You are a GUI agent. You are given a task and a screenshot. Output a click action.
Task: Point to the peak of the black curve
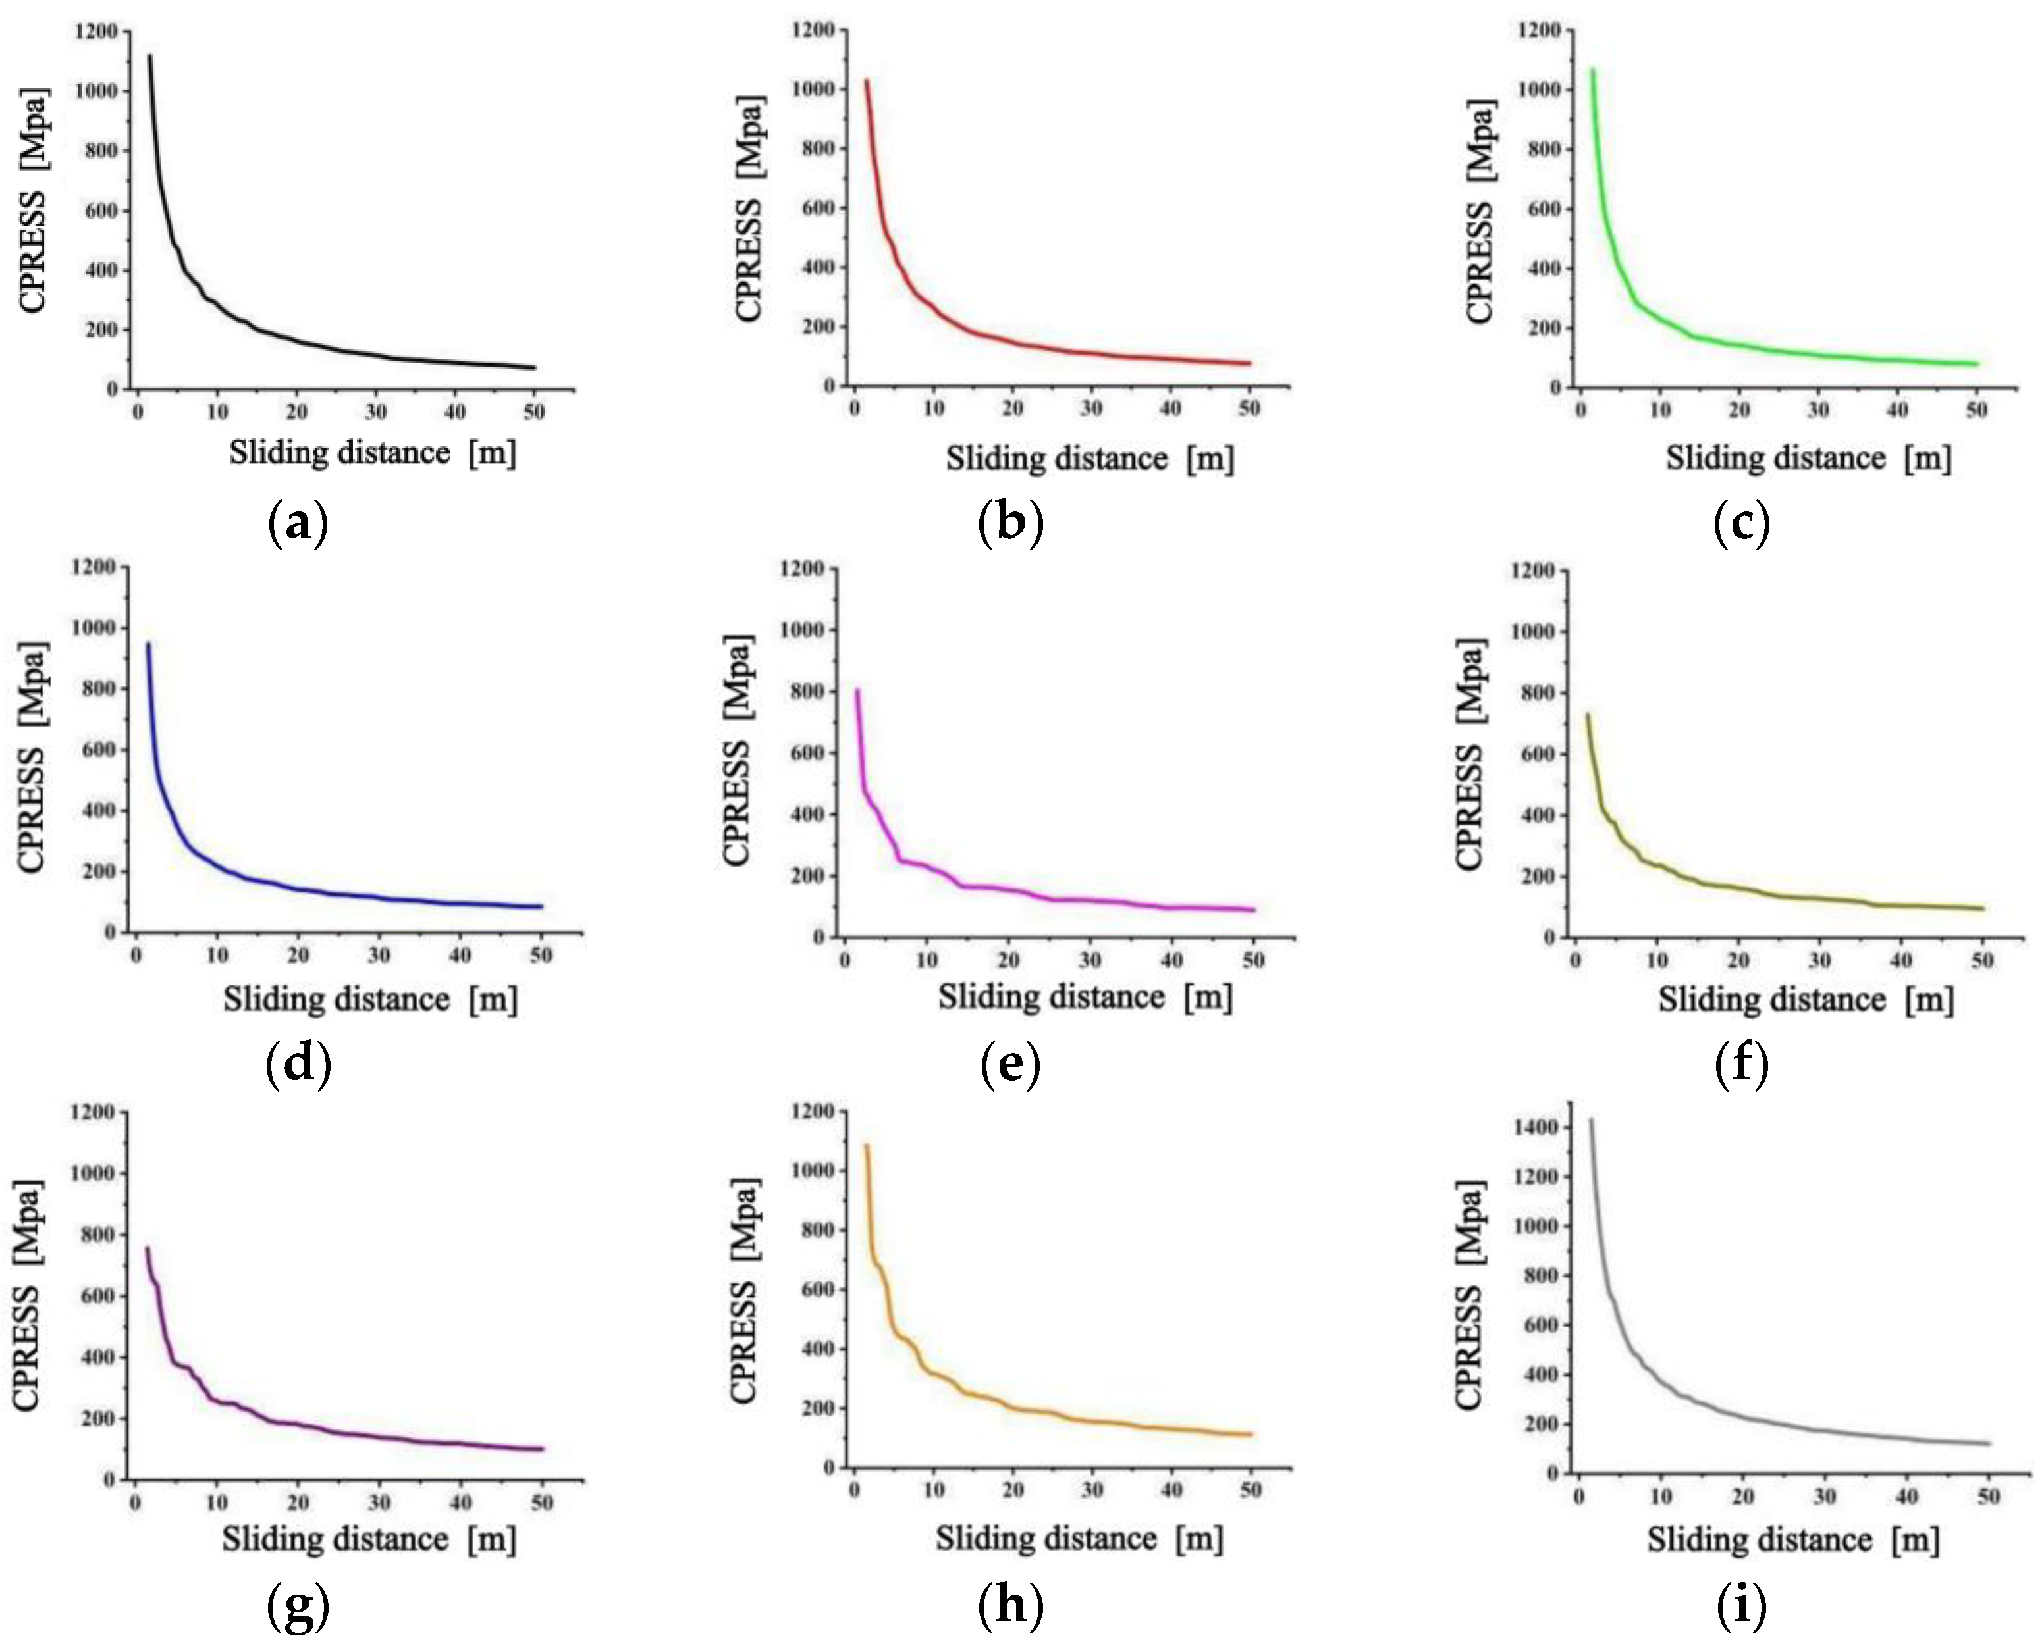149,56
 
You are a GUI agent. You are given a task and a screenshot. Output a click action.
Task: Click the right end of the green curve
1977,364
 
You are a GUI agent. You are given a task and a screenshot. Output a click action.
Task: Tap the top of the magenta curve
857,690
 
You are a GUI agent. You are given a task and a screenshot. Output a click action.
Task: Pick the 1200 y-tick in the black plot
95,32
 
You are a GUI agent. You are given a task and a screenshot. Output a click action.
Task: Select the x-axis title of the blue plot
371,998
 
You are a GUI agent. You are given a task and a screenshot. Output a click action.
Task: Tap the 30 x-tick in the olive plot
1819,960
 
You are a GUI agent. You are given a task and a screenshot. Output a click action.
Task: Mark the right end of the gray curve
1989,1444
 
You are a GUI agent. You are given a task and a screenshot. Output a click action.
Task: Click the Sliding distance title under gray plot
1792,1540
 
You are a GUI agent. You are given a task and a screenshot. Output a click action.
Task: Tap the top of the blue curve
148,644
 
